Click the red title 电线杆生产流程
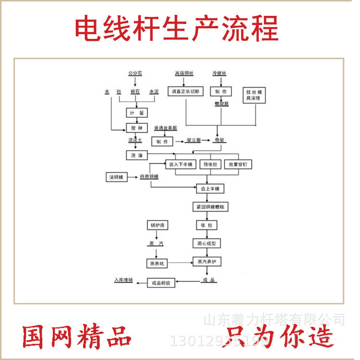[177, 29]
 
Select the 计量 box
[134, 112]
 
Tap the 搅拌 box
[134, 128]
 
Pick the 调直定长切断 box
[186, 91]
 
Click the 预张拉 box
[210, 164]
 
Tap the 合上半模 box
[209, 189]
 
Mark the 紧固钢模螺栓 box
[210, 207]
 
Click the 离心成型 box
[207, 243]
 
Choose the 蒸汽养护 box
[207, 263]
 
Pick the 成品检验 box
[161, 283]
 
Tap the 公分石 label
[135, 73]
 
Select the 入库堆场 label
[123, 279]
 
